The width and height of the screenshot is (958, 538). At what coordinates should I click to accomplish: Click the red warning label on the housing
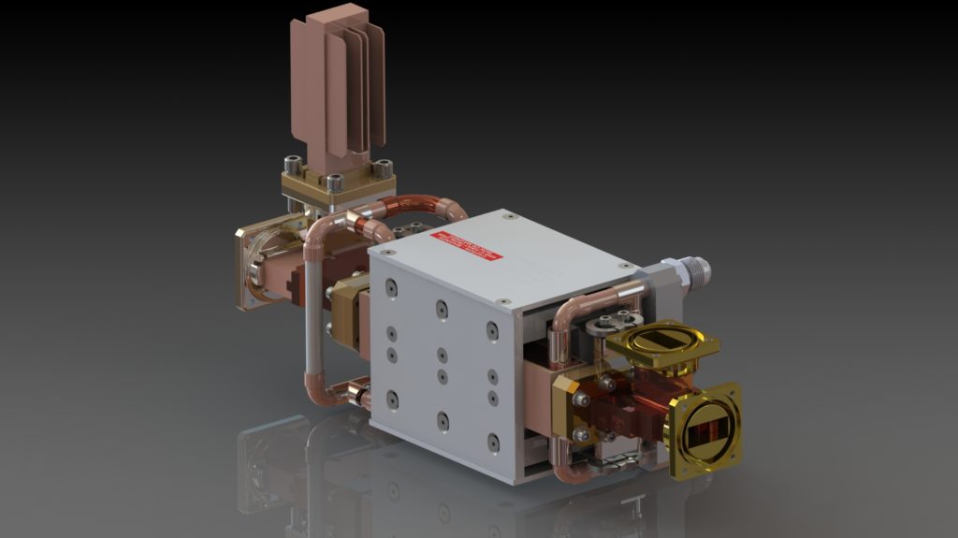point(466,246)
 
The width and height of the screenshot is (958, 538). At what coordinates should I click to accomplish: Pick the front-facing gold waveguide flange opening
point(704,429)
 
